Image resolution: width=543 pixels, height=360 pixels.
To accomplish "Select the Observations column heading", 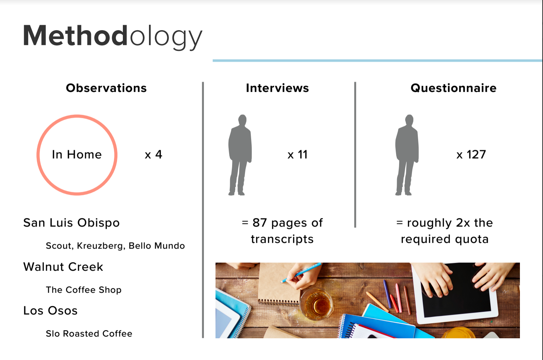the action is click(x=107, y=88).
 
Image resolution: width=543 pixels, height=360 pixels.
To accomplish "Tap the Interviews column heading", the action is click(x=277, y=88).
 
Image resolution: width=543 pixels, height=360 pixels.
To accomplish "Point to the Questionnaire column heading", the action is click(x=453, y=88).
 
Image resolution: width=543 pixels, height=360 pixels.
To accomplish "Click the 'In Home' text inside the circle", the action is click(x=77, y=155).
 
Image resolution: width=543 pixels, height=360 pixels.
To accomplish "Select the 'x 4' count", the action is click(x=153, y=155).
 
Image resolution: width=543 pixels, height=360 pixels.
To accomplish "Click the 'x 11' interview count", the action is click(x=297, y=155).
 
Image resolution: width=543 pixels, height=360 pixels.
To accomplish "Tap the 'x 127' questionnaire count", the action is click(x=471, y=155).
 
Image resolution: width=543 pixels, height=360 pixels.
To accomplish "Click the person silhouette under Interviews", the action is click(x=240, y=155).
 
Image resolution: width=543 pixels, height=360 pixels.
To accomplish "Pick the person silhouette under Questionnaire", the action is click(x=407, y=155).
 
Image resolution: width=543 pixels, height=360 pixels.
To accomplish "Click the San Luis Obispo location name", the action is click(x=72, y=223).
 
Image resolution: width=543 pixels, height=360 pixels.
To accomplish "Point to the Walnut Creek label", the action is click(x=63, y=267).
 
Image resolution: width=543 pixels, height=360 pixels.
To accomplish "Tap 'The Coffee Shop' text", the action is click(x=83, y=290).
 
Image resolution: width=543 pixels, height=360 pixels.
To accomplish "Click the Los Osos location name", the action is click(x=51, y=310).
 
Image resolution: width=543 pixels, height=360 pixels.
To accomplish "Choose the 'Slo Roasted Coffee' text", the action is click(x=89, y=334).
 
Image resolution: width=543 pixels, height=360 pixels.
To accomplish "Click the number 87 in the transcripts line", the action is click(x=260, y=222).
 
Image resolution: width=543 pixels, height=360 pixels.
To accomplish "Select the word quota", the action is click(x=472, y=239).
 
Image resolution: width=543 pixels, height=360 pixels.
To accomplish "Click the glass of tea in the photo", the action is click(x=316, y=304).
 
